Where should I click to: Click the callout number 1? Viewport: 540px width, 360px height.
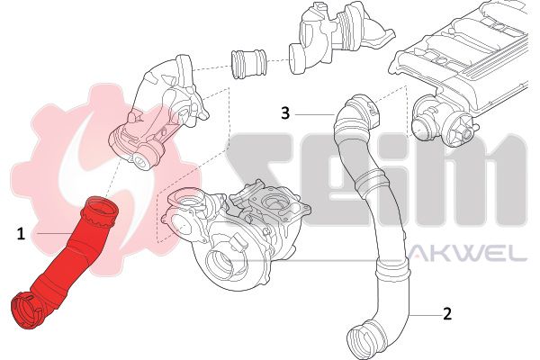[20, 233]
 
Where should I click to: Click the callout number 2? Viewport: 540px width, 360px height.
[445, 314]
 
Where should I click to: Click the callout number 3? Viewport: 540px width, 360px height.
[284, 113]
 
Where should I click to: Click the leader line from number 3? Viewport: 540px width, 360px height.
[312, 114]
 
